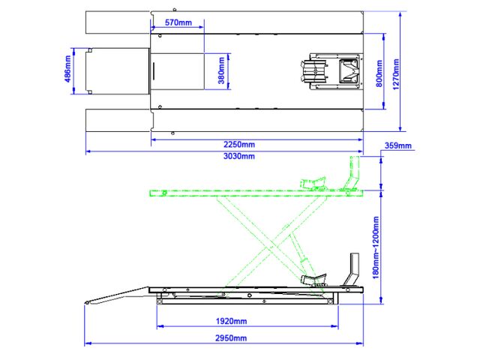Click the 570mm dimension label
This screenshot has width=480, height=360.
(x=178, y=22)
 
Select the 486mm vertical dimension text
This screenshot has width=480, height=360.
(x=67, y=68)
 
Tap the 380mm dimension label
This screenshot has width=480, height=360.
(x=221, y=70)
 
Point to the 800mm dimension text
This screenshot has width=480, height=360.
(x=379, y=73)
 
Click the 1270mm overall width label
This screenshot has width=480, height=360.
(x=396, y=74)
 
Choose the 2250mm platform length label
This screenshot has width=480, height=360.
(x=239, y=144)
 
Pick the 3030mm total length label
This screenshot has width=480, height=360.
(x=239, y=156)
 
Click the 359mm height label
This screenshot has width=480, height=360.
(x=398, y=145)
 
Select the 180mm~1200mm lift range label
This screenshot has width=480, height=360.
(x=376, y=247)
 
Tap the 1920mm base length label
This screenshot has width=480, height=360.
(x=232, y=321)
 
